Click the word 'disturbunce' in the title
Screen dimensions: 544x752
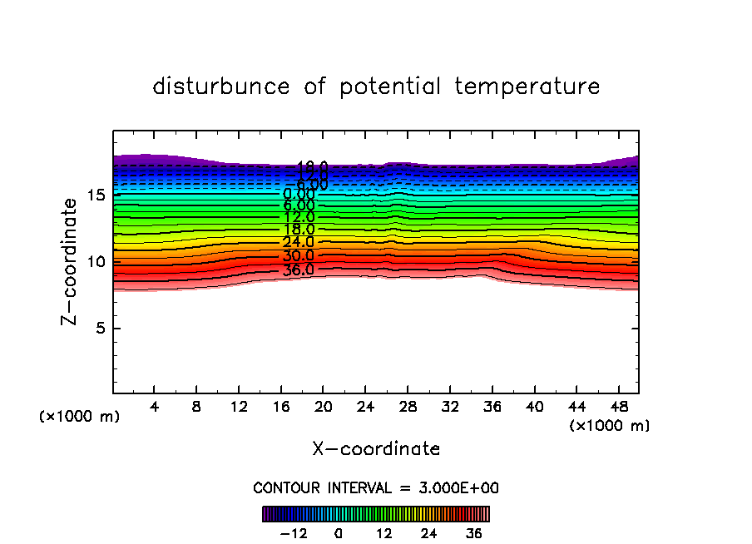tap(221, 87)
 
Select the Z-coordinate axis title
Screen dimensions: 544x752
tap(73, 261)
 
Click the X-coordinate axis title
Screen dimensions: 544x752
tap(376, 449)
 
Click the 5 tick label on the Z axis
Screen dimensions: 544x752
tap(101, 328)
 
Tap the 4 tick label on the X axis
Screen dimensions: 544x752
tap(155, 407)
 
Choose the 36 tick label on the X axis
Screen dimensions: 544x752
tap(492, 407)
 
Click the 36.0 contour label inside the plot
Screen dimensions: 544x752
tap(298, 270)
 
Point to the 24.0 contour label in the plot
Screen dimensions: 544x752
tap(298, 242)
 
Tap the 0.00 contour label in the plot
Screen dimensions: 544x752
tap(299, 195)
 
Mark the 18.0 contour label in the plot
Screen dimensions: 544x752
tap(298, 229)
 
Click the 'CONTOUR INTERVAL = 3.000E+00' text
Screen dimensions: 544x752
tap(376, 488)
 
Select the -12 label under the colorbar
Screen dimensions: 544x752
tap(294, 533)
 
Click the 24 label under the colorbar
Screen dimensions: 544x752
tap(428, 533)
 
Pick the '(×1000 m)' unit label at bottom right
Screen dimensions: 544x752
tap(609, 426)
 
